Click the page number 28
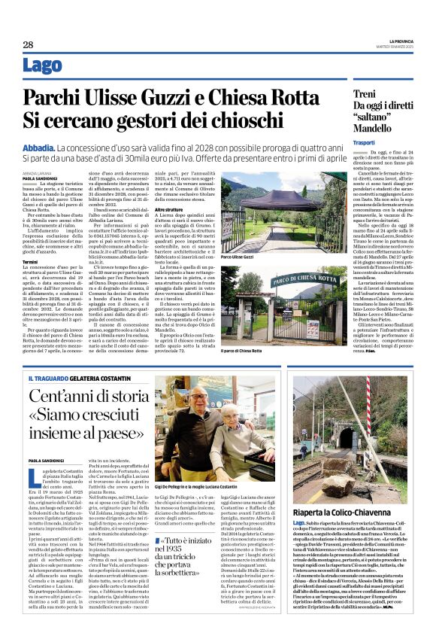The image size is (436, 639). point(27,44)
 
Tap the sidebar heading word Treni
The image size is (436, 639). point(364,93)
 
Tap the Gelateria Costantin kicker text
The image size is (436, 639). point(103,377)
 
